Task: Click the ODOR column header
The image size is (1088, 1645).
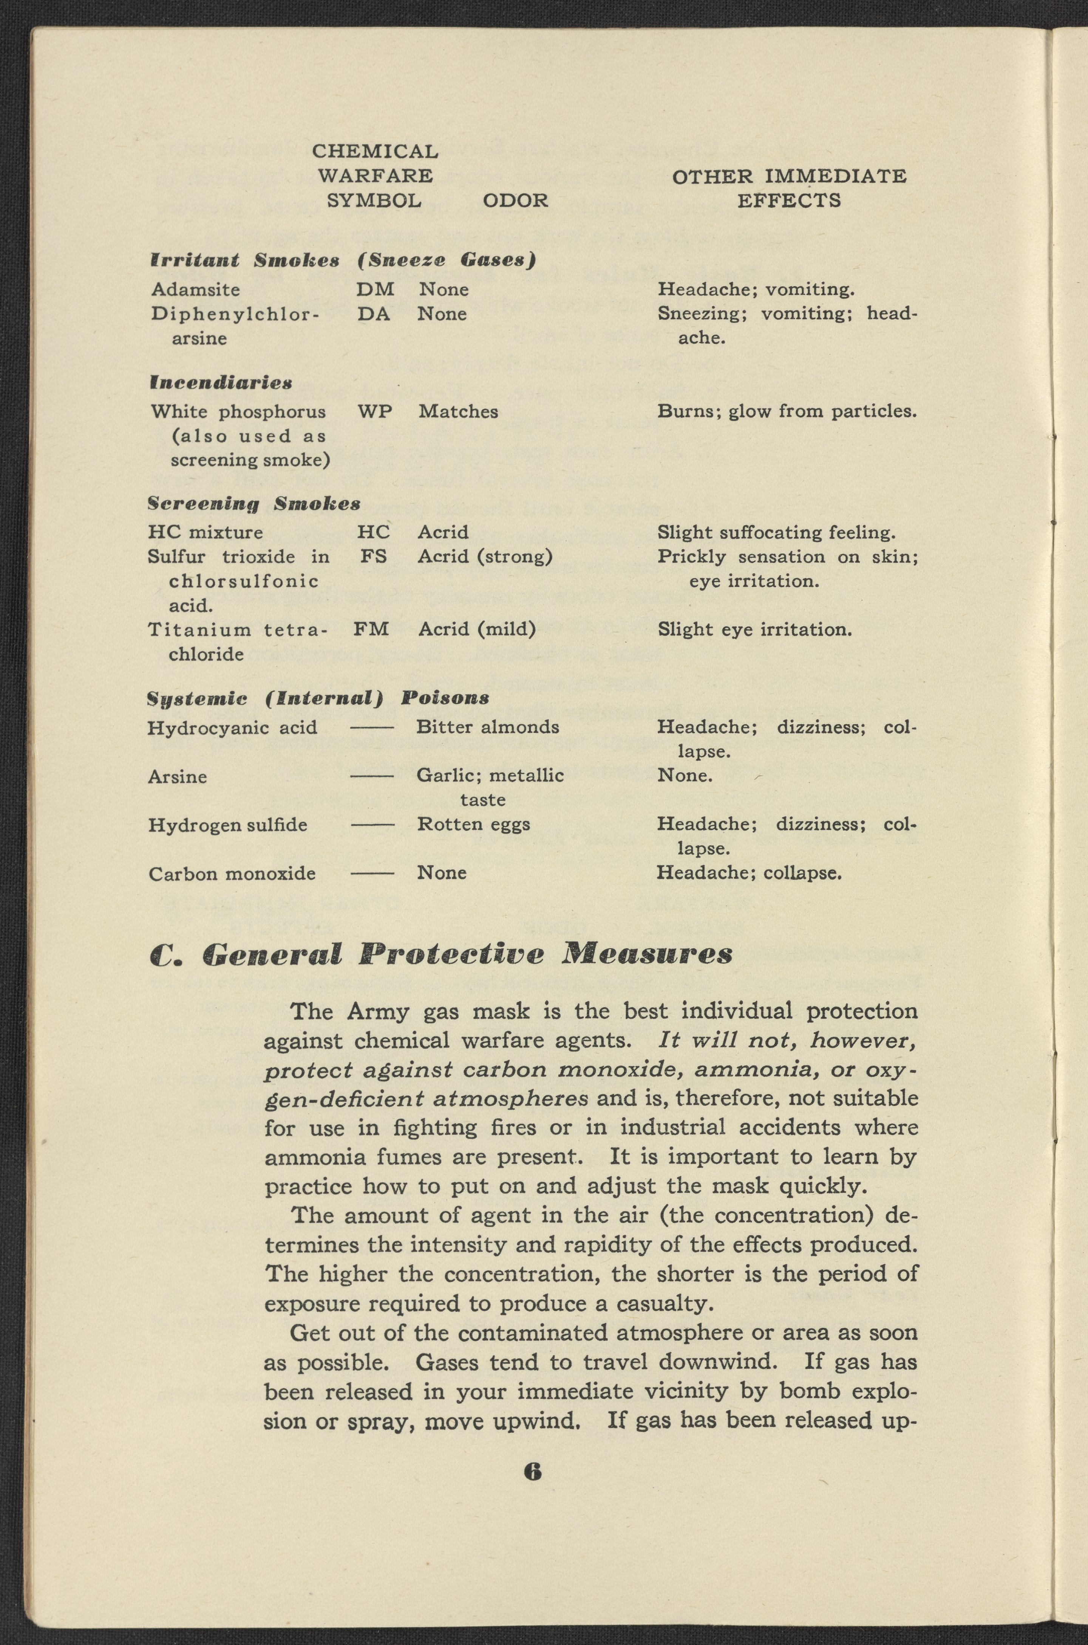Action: point(515,200)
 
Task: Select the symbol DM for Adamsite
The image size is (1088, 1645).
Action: point(376,289)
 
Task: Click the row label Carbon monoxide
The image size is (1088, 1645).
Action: point(232,874)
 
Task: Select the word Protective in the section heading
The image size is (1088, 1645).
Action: point(451,954)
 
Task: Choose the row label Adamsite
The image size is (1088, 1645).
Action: point(196,289)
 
